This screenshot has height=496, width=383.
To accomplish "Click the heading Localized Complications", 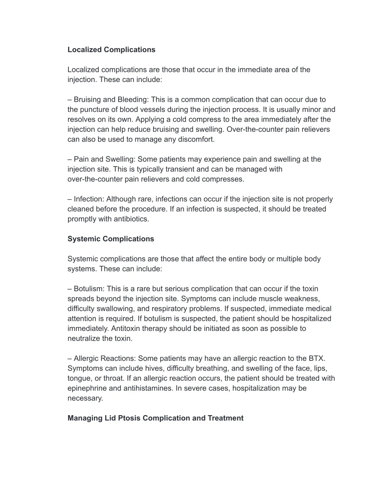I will coord(111,50).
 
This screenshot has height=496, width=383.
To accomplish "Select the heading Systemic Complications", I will coord(111,239).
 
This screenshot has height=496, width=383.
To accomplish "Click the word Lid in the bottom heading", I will coord(110,418).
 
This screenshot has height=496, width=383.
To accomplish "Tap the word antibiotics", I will coord(129,219).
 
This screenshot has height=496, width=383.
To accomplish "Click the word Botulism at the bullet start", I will coord(89,289).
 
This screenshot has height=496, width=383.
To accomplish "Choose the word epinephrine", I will coord(87,388).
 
